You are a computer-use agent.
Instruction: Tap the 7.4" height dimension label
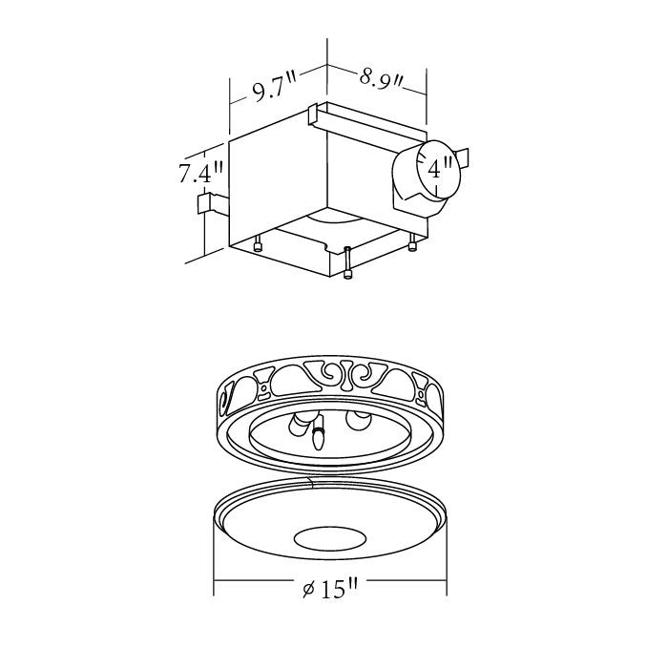coord(200,174)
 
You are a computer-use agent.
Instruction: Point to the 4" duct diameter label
coord(440,170)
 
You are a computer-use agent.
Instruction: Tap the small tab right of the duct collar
coord(462,156)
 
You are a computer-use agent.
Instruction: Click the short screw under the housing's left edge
coord(258,244)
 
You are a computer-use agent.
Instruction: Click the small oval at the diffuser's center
coord(327,538)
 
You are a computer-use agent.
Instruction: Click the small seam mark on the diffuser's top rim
coord(311,483)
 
